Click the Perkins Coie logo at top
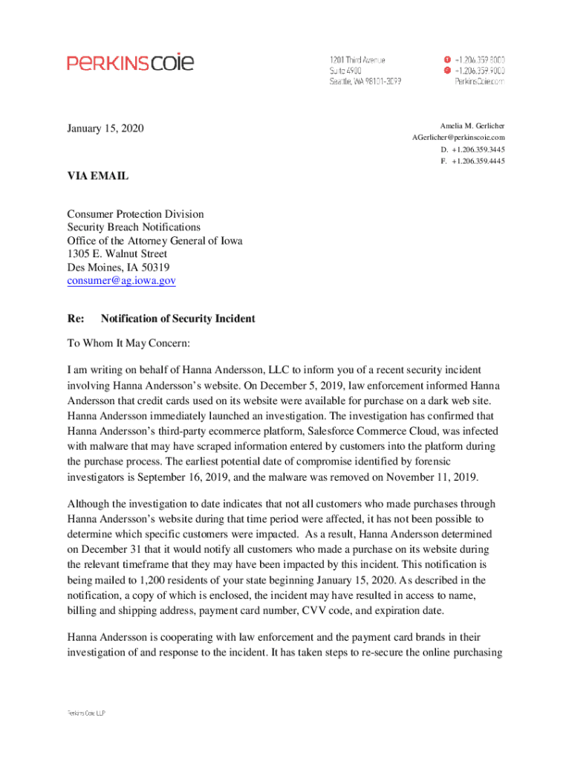pyautogui.click(x=131, y=62)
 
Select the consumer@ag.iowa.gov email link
pyautogui.click(x=121, y=281)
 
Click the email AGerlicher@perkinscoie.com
pyautogui.click(x=459, y=137)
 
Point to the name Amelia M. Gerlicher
pyautogui.click(x=472, y=126)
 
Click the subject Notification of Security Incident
pyautogui.click(x=178, y=319)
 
